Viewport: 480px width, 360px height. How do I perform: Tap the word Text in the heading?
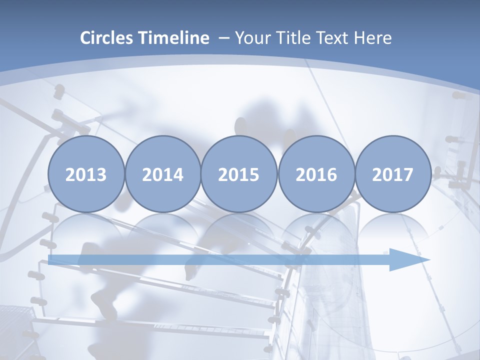(334, 38)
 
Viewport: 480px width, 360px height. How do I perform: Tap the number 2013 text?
(86, 175)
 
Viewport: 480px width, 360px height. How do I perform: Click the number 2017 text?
(393, 175)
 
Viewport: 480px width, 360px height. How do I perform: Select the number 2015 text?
(239, 175)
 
